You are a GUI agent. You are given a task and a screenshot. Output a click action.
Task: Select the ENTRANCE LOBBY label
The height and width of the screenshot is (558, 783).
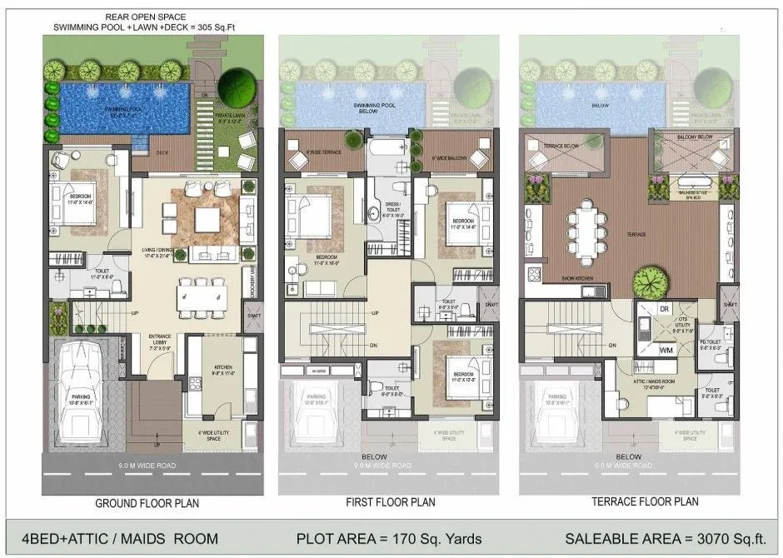(161, 341)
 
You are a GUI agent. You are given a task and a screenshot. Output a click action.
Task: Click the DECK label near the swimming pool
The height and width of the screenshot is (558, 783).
(163, 152)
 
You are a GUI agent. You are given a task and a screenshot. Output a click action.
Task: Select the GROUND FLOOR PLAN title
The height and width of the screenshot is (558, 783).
(147, 503)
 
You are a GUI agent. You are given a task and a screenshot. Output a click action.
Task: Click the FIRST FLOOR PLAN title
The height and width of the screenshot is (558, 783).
(390, 502)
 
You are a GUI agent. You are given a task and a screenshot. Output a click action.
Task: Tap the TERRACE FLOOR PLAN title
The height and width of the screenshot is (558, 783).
(632, 502)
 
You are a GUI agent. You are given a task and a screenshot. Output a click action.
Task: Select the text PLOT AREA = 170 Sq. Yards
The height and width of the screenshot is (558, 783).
(389, 538)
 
